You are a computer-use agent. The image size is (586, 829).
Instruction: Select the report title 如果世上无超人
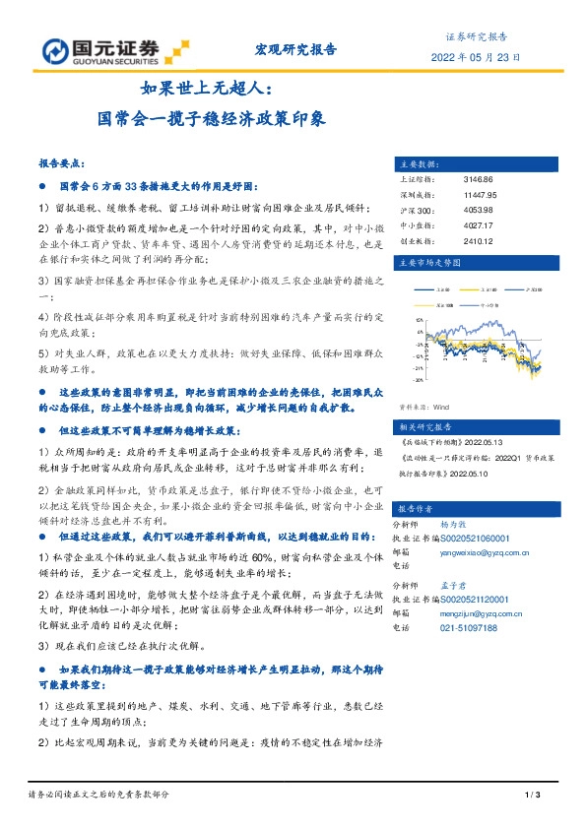point(196,89)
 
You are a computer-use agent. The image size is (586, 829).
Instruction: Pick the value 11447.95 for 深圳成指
point(480,195)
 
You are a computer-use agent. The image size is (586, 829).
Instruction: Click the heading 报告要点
point(60,163)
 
